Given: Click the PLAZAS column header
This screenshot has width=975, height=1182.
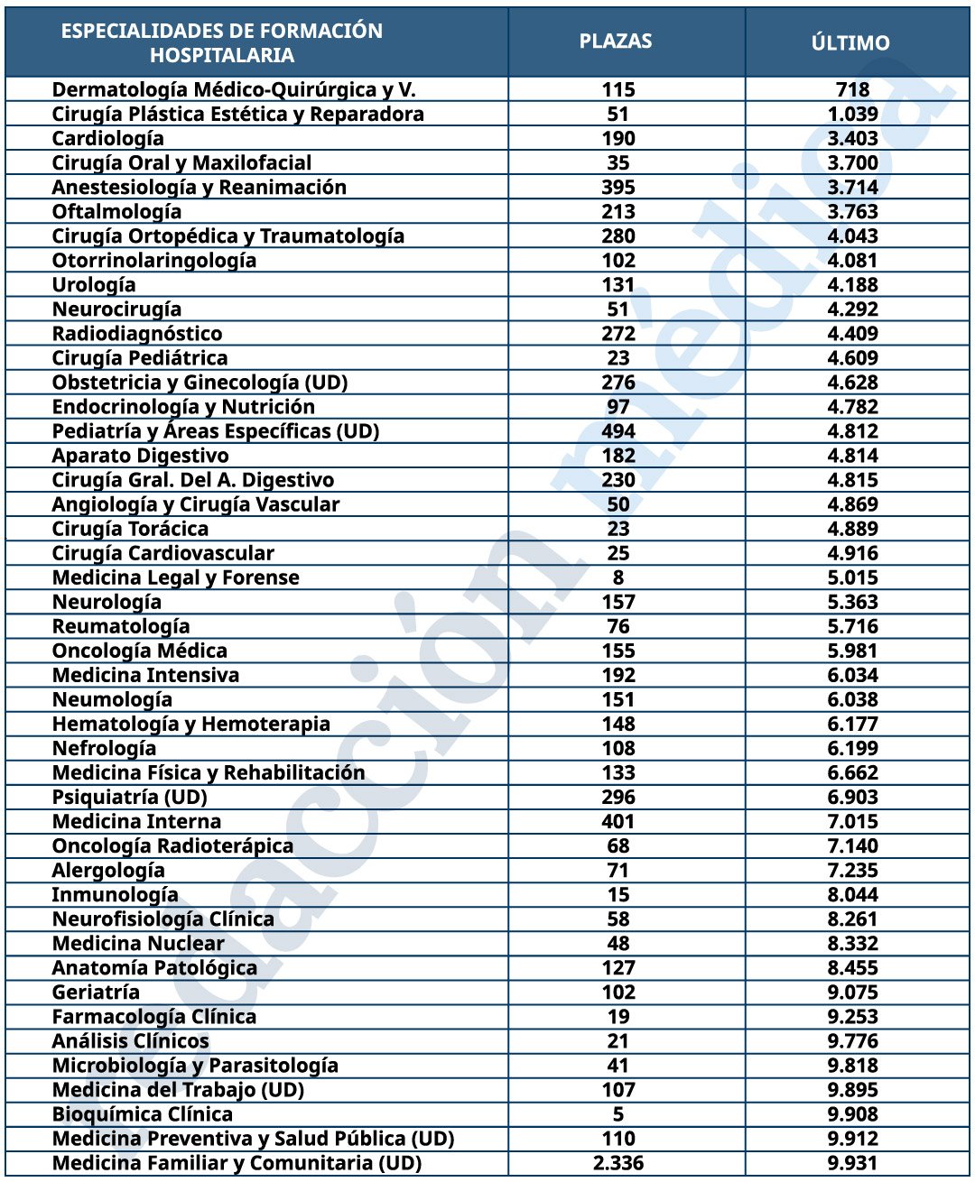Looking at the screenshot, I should point(616,42).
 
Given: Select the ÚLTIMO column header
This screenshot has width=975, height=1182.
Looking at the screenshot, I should point(850,42).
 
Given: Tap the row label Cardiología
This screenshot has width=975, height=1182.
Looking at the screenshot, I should point(108,138).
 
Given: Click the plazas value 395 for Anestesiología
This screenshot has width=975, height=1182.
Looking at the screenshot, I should point(618,187).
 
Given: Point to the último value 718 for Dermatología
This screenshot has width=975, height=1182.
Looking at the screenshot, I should point(853,89).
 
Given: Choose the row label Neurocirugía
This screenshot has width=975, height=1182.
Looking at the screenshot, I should point(116,309).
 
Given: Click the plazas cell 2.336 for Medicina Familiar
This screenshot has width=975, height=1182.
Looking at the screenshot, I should point(618,1162).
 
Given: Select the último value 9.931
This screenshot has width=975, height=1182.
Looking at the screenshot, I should point(853,1162).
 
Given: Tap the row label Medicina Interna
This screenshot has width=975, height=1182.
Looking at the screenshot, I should point(136,821).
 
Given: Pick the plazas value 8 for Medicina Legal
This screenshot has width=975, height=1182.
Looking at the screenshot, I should point(618,577).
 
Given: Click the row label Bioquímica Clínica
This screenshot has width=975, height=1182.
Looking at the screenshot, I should point(143,1113).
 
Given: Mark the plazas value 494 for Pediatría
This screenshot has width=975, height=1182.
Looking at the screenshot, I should point(618,430).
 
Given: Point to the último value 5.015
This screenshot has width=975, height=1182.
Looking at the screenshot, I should point(853,577).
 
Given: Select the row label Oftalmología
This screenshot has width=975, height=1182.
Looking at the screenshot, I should point(116,211).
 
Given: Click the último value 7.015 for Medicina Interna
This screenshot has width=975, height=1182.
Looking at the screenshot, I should point(853,821).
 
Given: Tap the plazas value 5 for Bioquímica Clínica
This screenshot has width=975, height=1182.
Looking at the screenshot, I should point(618,1113).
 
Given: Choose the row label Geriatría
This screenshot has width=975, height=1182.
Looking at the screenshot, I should point(96,992).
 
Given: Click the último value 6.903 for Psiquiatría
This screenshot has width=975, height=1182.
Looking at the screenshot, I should point(853,797).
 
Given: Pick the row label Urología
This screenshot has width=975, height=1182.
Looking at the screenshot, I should point(94,284).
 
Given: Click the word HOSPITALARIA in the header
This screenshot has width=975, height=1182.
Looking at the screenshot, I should point(222,55).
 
